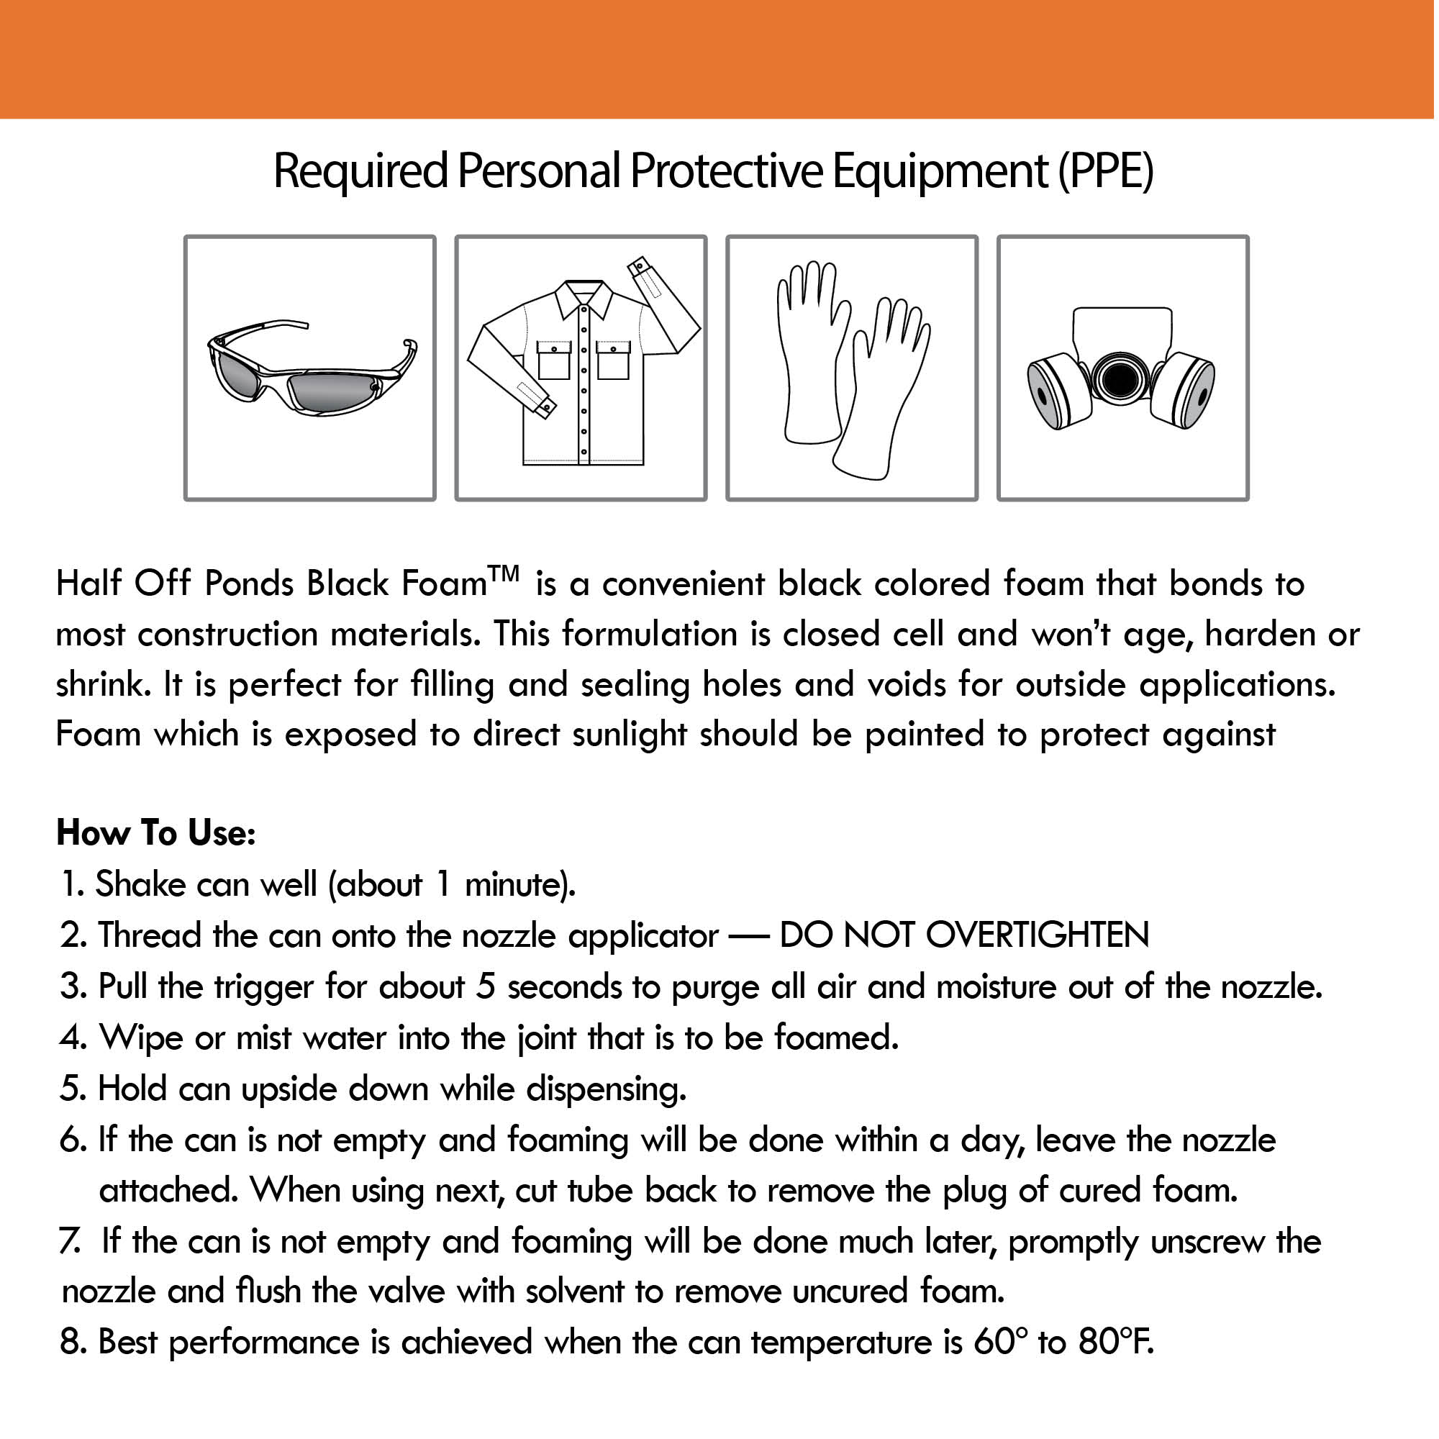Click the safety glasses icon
(x=312, y=368)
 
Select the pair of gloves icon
(x=852, y=368)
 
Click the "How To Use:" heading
(x=156, y=832)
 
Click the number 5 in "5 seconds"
(x=486, y=987)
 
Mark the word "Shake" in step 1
(x=140, y=885)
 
